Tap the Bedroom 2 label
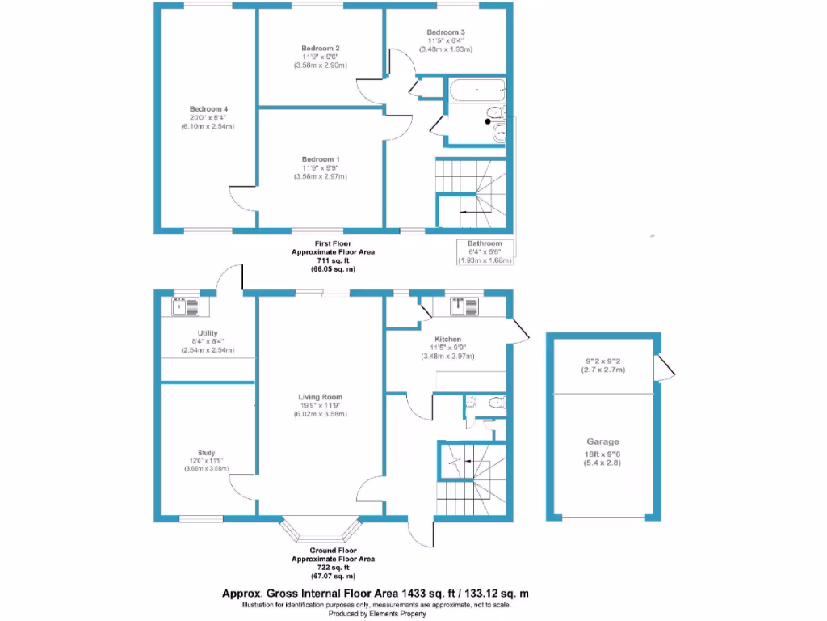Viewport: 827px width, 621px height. pyautogui.click(x=320, y=49)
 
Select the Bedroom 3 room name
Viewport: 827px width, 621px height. pyautogui.click(x=446, y=32)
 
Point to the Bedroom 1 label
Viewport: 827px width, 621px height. pyautogui.click(x=320, y=159)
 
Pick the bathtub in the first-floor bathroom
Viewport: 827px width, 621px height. pyautogui.click(x=476, y=90)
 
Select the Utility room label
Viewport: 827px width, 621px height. pyautogui.click(x=208, y=333)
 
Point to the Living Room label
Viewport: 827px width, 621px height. pyautogui.click(x=320, y=397)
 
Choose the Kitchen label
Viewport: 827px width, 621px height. pyautogui.click(x=447, y=339)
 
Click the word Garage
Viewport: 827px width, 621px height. pyautogui.click(x=602, y=441)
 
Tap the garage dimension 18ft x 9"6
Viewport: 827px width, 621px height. pyautogui.click(x=602, y=454)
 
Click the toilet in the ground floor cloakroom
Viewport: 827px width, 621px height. pyautogui.click(x=495, y=402)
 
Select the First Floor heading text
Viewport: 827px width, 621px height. pyautogui.click(x=333, y=243)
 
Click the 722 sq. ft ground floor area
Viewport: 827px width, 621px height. pyautogui.click(x=333, y=568)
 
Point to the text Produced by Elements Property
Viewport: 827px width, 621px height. pyautogui.click(x=378, y=614)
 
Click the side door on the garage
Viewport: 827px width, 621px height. pyautogui.click(x=663, y=366)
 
